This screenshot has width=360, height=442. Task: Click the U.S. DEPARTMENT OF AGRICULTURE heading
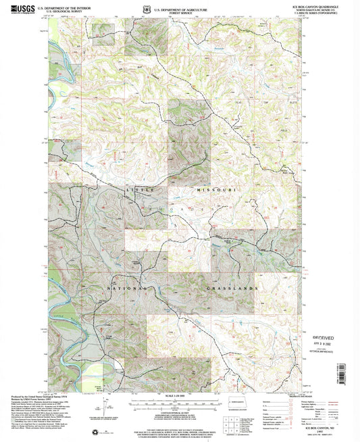[x=180, y=6]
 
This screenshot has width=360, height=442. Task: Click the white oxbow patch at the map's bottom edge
[x=117, y=370]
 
